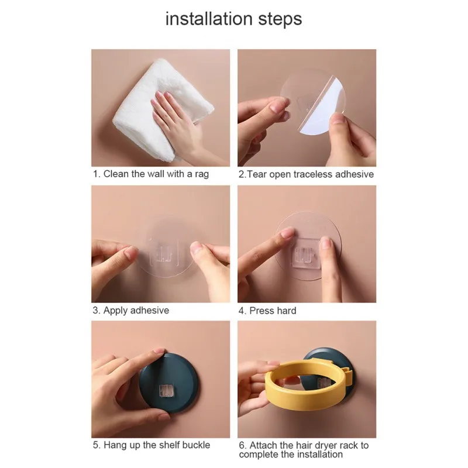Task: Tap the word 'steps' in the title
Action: click(x=280, y=20)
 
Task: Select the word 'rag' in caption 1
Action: click(x=201, y=174)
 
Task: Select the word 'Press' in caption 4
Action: click(x=261, y=311)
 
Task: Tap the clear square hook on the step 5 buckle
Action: click(x=166, y=391)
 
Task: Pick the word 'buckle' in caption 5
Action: click(x=196, y=445)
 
